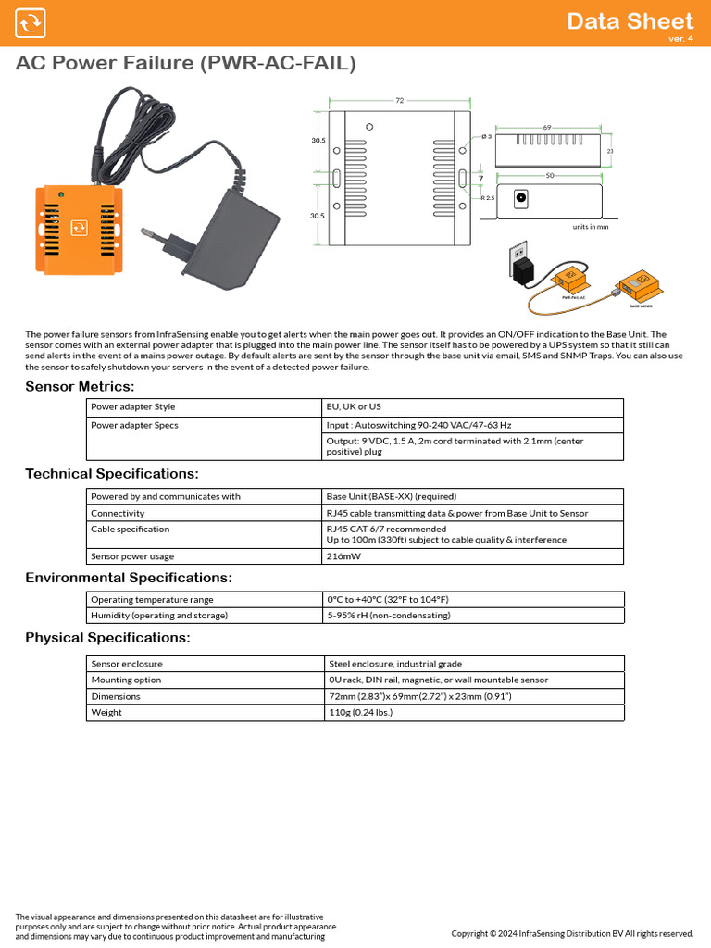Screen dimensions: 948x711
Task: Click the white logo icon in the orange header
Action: point(31,23)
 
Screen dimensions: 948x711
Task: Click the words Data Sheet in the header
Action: point(630,20)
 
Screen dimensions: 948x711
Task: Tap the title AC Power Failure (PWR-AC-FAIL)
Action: point(185,64)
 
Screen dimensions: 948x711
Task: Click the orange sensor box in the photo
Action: point(79,228)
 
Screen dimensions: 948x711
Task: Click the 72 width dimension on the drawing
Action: point(400,100)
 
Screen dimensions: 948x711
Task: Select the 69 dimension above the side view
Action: point(547,127)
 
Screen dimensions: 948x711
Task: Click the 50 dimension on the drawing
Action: point(550,175)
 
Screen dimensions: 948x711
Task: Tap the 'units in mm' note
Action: point(591,226)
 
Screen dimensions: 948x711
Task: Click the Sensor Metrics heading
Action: point(80,386)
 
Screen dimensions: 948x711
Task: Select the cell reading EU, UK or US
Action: point(354,407)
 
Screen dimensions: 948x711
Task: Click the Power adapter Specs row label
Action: point(134,425)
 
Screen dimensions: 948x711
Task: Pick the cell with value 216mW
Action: point(343,556)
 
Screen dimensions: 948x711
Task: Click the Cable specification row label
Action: point(131,530)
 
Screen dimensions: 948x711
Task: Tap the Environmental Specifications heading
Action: point(129,578)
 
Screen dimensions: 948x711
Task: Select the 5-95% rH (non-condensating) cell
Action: point(389,616)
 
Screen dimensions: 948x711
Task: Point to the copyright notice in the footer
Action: point(572,933)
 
